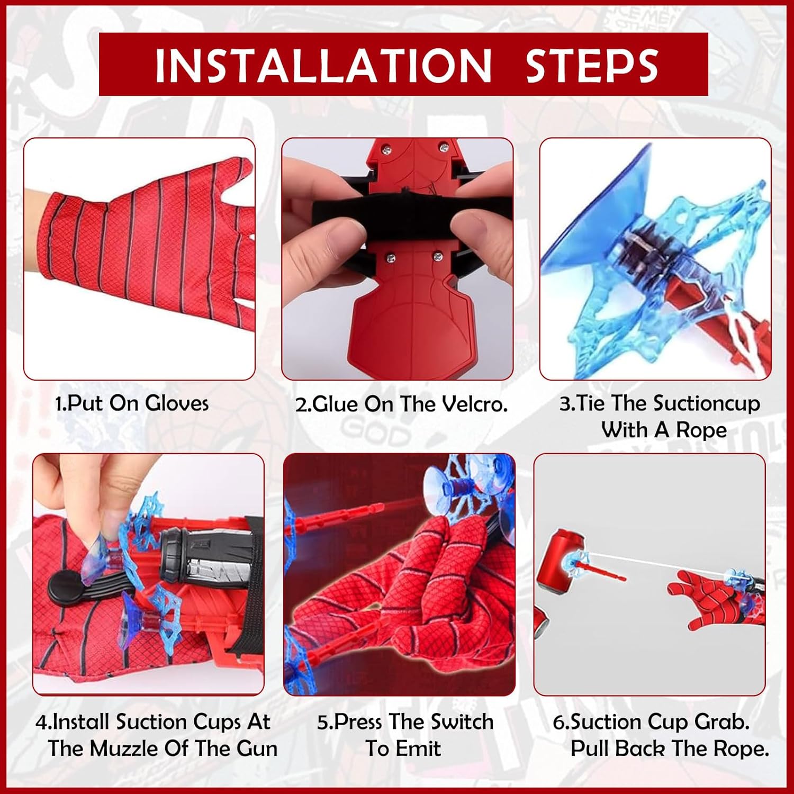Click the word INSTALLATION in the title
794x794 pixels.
click(x=323, y=65)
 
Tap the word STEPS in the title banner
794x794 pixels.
click(x=592, y=65)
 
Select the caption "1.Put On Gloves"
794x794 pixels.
click(x=132, y=403)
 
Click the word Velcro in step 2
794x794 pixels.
click(x=475, y=404)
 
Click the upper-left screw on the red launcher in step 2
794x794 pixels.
click(x=387, y=151)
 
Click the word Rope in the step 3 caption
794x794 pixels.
click(x=701, y=430)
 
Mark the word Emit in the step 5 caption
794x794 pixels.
click(x=418, y=748)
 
